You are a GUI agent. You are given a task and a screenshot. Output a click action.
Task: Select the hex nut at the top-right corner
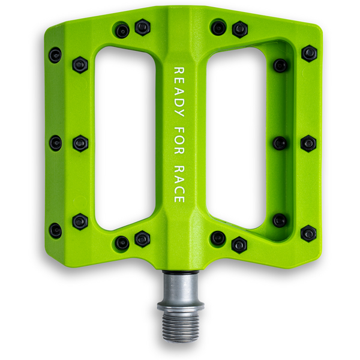click(x=309, y=53)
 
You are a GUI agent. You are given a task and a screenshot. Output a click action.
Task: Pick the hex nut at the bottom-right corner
click(x=308, y=233)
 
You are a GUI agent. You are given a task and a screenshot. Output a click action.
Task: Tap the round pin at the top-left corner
click(x=55, y=56)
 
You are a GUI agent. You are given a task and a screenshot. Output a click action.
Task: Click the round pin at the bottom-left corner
click(x=55, y=230)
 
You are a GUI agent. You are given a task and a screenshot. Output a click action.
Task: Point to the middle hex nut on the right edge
click(x=308, y=143)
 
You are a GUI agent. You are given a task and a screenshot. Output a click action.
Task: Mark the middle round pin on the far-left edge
click(x=55, y=143)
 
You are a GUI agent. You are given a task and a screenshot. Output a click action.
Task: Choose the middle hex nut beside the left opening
click(x=80, y=143)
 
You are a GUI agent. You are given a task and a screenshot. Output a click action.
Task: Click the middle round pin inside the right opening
click(x=280, y=143)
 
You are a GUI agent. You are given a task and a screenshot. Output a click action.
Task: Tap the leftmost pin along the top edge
click(x=122, y=30)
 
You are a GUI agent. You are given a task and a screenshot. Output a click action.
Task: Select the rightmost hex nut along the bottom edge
click(x=239, y=244)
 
